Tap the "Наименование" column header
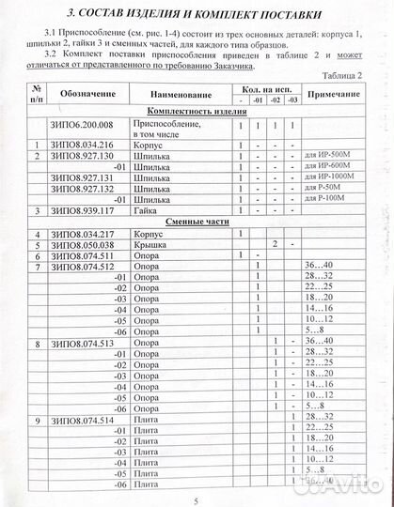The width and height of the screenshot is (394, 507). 185,96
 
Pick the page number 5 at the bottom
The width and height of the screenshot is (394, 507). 196,499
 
